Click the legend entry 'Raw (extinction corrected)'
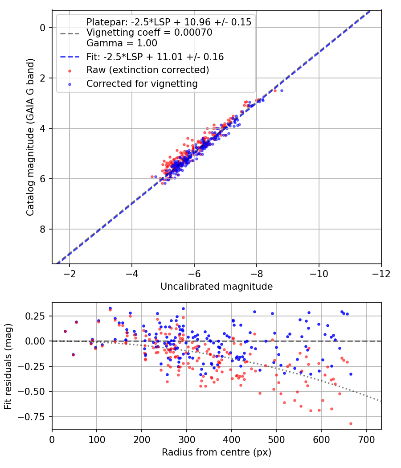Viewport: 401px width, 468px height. [147, 70]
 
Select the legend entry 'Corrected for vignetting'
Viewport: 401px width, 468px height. [142, 83]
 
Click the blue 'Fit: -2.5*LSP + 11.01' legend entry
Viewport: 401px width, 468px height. [155, 57]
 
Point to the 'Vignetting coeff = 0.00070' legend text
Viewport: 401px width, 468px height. [149, 33]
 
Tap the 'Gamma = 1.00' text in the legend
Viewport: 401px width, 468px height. [122, 43]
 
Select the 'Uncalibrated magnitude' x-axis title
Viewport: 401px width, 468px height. [217, 287]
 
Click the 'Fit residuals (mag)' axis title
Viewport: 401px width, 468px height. [8, 366]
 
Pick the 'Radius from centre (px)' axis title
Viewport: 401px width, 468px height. [217, 452]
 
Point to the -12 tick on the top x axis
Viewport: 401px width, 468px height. [381, 273]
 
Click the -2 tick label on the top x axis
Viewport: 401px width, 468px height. [70, 273]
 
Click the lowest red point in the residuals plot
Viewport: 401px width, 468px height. [351, 423]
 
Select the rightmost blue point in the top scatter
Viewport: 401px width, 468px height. [281, 90]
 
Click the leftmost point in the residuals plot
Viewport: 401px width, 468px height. [65, 331]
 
